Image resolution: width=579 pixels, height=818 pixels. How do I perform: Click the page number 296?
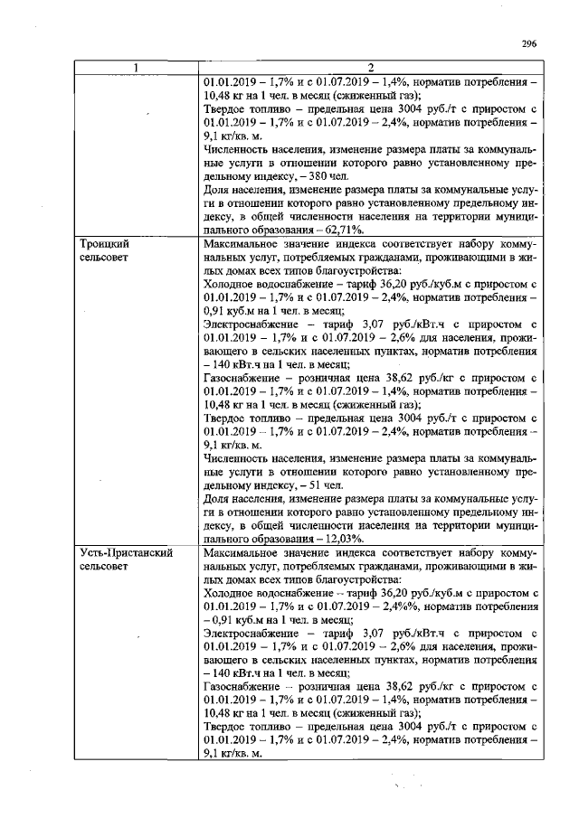(530, 42)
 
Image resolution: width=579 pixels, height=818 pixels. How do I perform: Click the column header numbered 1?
(136, 69)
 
